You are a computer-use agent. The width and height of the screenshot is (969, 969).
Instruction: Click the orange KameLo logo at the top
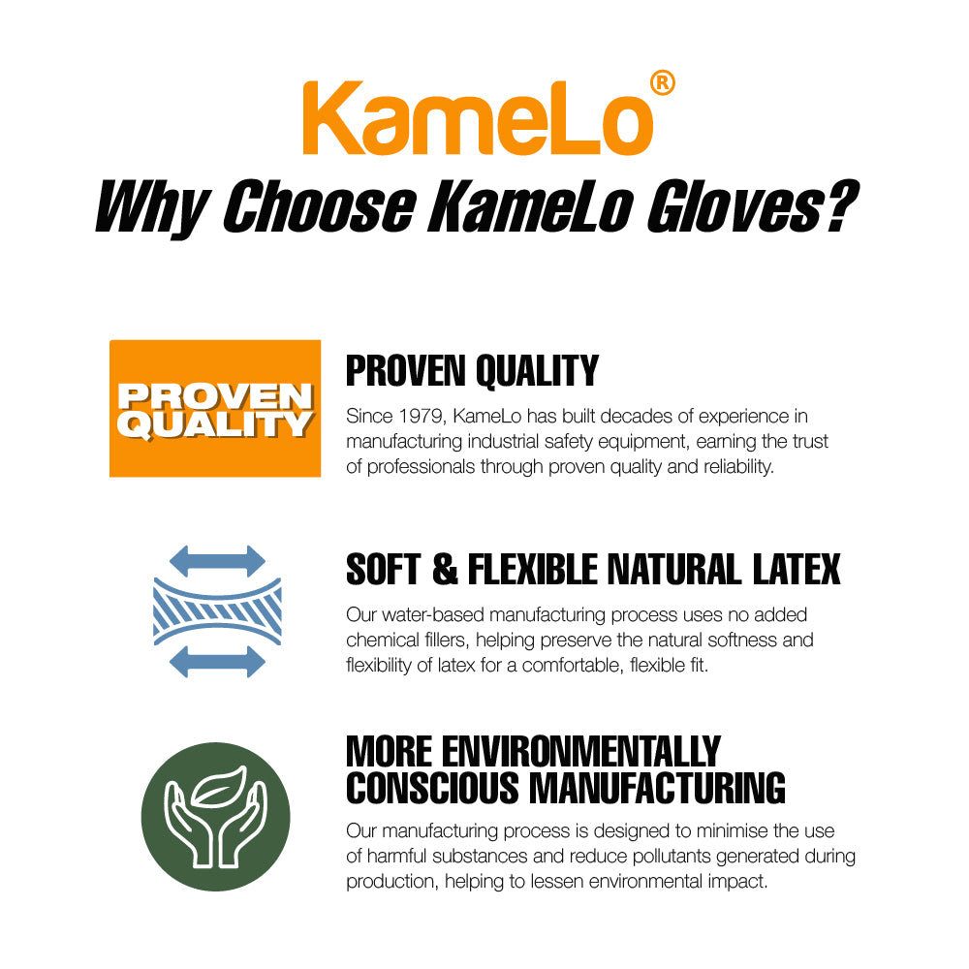tap(478, 117)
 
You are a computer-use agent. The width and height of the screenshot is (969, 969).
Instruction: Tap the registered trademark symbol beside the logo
tap(663, 82)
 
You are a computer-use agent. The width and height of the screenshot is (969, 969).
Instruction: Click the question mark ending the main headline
tap(840, 205)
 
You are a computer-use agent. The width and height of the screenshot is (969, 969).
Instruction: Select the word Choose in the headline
tap(319, 205)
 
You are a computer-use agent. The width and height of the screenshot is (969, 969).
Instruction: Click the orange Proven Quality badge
tap(215, 409)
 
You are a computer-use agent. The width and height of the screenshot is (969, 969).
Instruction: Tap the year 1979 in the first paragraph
tap(421, 417)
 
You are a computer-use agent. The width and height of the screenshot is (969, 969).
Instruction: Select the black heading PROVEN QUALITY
tap(472, 371)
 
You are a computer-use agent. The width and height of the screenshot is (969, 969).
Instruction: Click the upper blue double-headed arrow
tap(217, 561)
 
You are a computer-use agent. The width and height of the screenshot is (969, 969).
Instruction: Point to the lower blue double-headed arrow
tap(217, 661)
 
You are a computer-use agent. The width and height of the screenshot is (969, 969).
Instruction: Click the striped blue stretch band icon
tap(217, 611)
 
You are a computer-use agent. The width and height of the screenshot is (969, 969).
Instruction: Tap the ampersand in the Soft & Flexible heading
tap(445, 569)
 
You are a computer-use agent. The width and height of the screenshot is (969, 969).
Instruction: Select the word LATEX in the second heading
tap(797, 569)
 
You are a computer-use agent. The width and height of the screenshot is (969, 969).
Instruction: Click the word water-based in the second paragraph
tap(434, 615)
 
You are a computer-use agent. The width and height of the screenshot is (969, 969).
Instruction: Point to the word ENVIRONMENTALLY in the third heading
tap(580, 752)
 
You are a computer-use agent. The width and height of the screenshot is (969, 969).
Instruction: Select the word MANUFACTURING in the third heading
tap(658, 789)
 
